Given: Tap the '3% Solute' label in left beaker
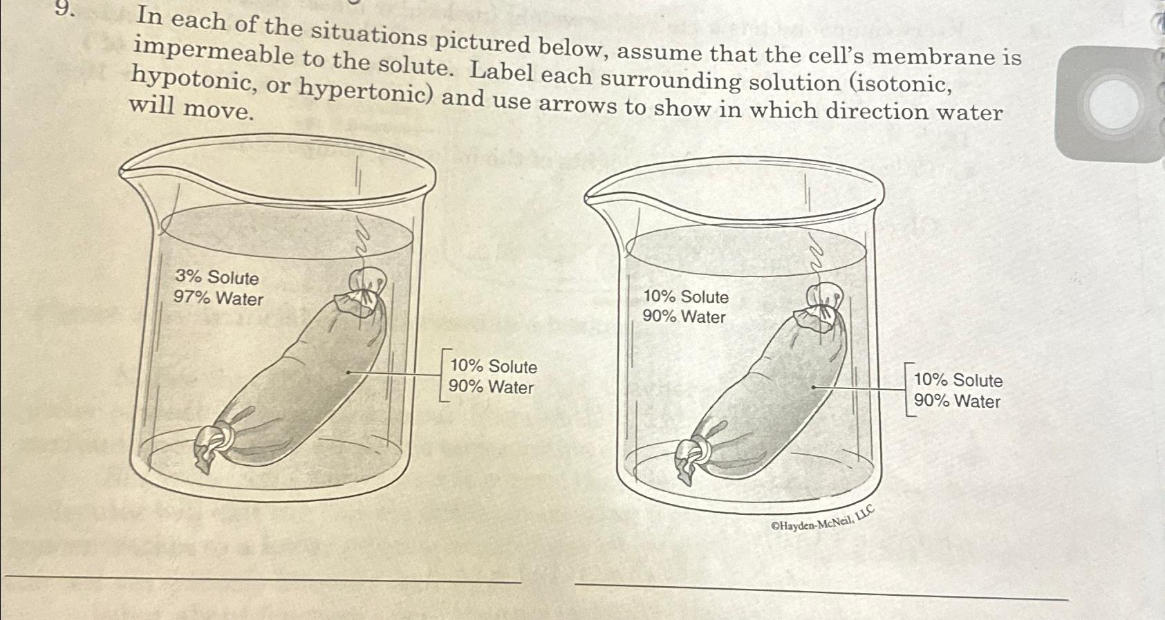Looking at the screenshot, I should point(216,277).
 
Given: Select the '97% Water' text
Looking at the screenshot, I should point(218,299).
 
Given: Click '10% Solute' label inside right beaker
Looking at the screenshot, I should point(685,297).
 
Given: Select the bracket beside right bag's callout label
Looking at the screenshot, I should point(908,390).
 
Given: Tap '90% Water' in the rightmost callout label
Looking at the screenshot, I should point(957,401).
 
